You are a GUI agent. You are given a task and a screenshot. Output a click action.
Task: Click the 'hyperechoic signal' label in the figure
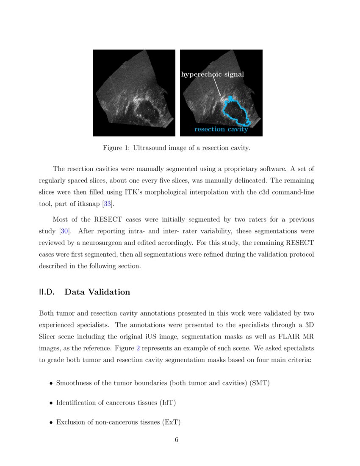click(x=213, y=75)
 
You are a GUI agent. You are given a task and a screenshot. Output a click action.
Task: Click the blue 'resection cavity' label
click(x=221, y=130)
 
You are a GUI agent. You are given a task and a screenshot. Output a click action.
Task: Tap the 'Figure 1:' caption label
click(x=116, y=148)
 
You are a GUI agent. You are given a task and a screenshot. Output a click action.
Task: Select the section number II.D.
click(x=47, y=292)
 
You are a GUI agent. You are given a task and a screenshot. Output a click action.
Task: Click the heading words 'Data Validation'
click(x=97, y=292)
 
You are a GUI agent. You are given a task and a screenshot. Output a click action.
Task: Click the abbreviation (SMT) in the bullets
click(x=260, y=383)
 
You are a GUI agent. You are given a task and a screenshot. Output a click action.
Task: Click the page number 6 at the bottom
click(x=177, y=440)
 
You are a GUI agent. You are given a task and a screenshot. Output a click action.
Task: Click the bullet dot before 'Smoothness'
click(x=51, y=383)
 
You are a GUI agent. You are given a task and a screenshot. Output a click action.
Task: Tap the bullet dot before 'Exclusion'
click(x=51, y=422)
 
